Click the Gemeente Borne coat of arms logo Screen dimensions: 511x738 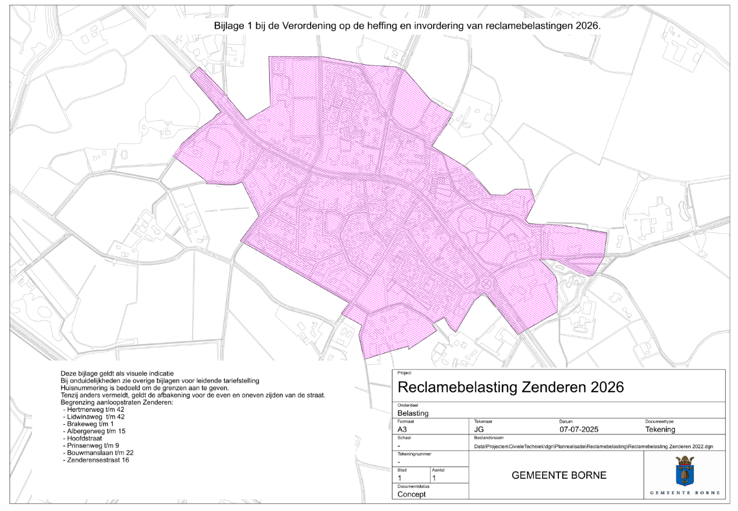tap(685, 471)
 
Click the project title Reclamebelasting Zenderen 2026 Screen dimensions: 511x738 tap(510, 387)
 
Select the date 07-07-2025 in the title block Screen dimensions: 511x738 tap(579, 430)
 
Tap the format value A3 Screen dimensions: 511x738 tap(402, 430)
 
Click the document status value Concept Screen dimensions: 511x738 tap(412, 494)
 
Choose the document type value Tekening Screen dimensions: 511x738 tap(660, 430)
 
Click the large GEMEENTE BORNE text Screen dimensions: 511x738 tap(559, 475)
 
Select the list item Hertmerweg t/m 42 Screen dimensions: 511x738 tap(95, 410)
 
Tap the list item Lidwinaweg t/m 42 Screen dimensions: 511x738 tap(95, 417)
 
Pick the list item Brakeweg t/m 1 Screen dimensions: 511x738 tap(90, 424)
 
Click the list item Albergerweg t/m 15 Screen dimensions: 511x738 tap(96, 431)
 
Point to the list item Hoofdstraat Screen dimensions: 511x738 tap(85, 438)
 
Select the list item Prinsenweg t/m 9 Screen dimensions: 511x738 tap(93, 446)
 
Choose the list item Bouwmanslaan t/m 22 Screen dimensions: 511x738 tap(100, 453)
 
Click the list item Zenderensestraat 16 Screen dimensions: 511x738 tap(98, 460)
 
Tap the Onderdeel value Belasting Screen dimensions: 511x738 tap(413, 413)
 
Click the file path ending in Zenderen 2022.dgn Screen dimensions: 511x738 tap(593, 447)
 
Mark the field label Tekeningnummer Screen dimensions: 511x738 tap(414, 454)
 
